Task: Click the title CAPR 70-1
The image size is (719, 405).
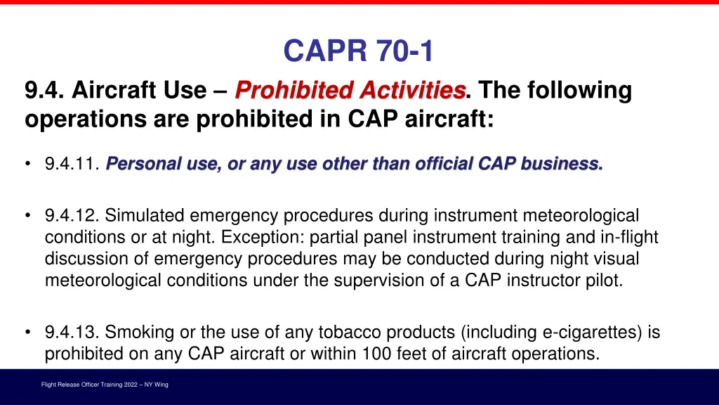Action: pos(359,51)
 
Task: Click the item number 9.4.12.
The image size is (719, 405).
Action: pos(72,214)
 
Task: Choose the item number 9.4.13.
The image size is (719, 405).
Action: pos(72,333)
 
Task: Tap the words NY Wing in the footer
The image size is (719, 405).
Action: pos(156,385)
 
